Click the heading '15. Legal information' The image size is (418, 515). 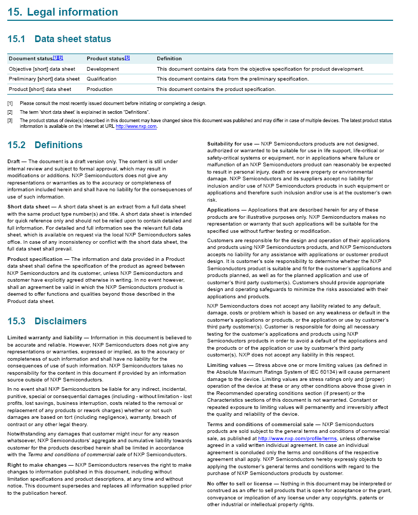point(63,12)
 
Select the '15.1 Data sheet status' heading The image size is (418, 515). point(59,39)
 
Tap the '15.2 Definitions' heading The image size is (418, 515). point(45,145)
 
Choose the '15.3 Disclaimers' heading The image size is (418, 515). point(47,321)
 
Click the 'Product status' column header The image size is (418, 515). point(105,59)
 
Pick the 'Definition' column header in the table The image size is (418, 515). point(169,59)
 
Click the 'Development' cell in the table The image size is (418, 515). point(103,69)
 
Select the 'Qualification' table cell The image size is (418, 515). point(102,79)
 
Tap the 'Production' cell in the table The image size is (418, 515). point(100,89)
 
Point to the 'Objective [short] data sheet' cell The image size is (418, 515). point(42,69)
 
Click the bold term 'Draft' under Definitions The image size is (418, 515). point(14,162)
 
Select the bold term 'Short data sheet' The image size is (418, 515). point(29,206)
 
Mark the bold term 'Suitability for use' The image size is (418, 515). point(230,143)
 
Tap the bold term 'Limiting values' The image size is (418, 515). point(226,365)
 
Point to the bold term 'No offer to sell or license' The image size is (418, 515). point(240,483)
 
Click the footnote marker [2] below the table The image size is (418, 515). point(10,112)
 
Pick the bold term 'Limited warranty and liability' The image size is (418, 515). point(45,338)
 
